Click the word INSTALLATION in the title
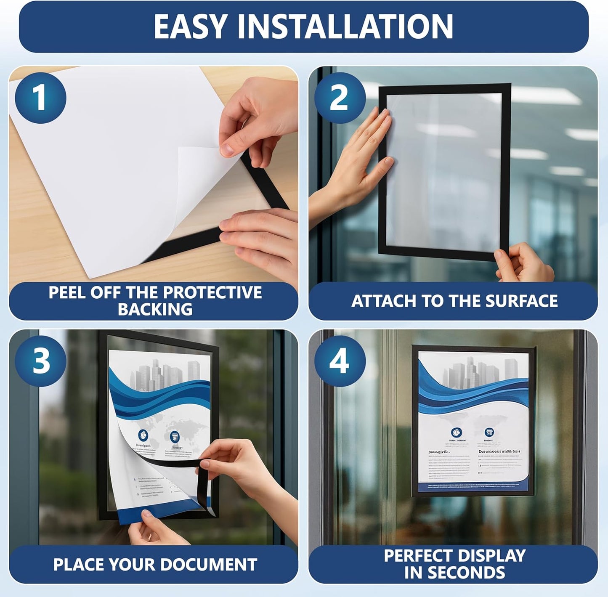click(345, 27)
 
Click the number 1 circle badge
click(40, 98)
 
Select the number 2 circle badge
click(340, 98)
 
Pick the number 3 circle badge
click(40, 361)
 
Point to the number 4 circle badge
click(340, 361)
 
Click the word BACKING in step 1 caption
click(155, 310)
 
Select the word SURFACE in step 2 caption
click(521, 301)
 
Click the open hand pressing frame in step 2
click(362, 160)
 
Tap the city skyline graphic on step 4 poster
click(475, 372)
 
